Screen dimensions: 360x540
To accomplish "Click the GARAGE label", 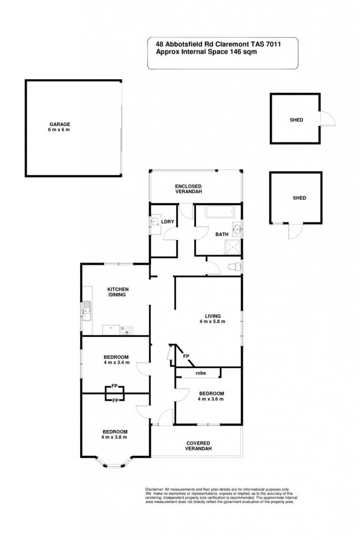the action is pyautogui.click(x=60, y=124).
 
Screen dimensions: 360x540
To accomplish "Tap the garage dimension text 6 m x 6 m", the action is pyautogui.click(x=59, y=130).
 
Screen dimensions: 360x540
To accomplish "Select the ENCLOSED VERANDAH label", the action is pyautogui.click(x=188, y=189).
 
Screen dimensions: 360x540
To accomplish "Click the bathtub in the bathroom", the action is pyautogui.click(x=220, y=211).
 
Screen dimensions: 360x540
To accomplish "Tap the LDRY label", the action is pyautogui.click(x=168, y=222).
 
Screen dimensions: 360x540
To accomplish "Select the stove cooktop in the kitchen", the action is pyautogui.click(x=127, y=331).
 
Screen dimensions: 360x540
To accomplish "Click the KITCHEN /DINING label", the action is pyautogui.click(x=118, y=292).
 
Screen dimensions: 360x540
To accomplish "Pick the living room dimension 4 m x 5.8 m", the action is pyautogui.click(x=212, y=322).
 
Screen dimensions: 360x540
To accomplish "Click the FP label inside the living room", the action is pyautogui.click(x=186, y=356).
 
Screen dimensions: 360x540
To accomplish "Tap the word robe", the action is pyautogui.click(x=201, y=373).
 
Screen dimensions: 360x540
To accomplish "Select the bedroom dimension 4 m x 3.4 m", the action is pyautogui.click(x=116, y=363).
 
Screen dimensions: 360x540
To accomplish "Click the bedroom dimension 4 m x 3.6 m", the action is pyautogui.click(x=211, y=399).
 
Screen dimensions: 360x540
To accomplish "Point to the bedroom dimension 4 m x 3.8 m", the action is pyautogui.click(x=114, y=437).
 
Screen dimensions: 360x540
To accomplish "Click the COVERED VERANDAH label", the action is pyautogui.click(x=198, y=446).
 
